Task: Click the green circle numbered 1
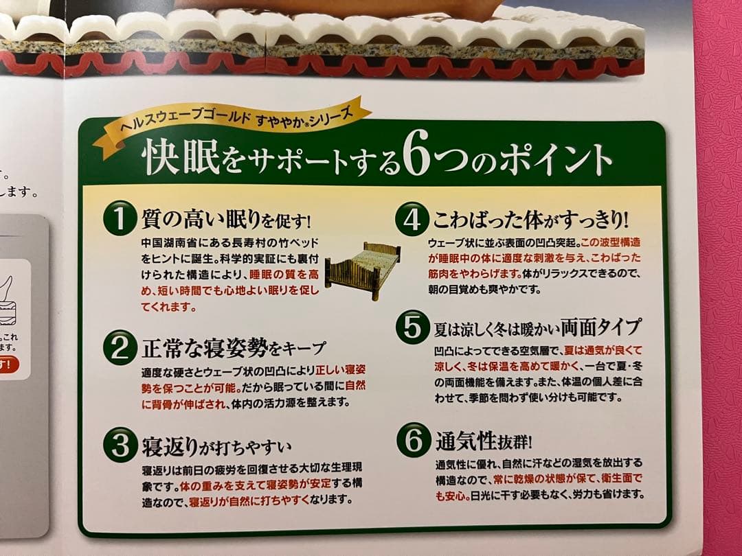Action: click(120, 220)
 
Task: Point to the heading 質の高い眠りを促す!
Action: click(226, 220)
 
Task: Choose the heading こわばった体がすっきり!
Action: click(529, 220)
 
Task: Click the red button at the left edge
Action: click(8, 364)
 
